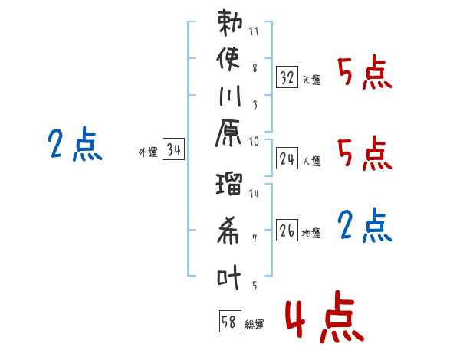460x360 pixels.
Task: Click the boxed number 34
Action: click(x=173, y=151)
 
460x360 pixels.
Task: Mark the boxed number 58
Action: click(x=229, y=322)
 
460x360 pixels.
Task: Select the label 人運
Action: click(x=311, y=162)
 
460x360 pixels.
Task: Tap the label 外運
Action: click(x=148, y=153)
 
